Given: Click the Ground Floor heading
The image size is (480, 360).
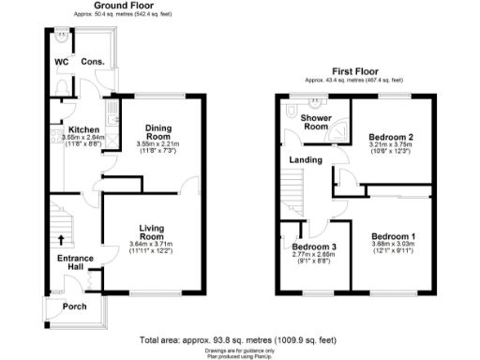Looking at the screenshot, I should pyautogui.click(x=122, y=7).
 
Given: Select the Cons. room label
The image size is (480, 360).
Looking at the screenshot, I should pyautogui.click(x=92, y=62).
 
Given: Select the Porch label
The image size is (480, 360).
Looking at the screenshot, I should pyautogui.click(x=74, y=307).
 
